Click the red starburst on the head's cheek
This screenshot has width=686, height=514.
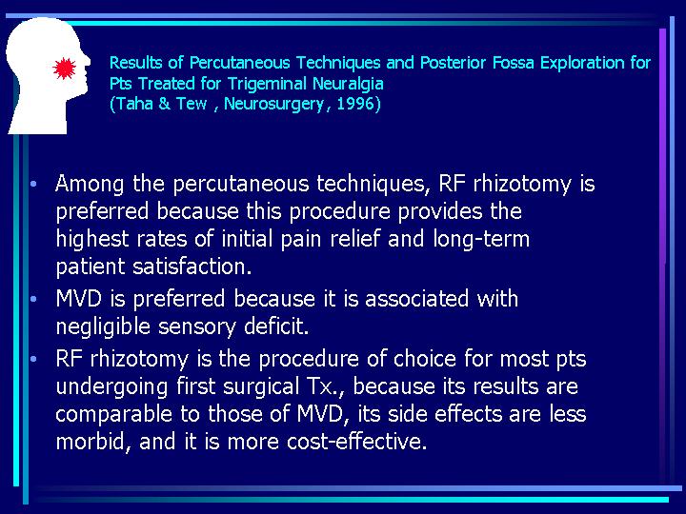(x=65, y=69)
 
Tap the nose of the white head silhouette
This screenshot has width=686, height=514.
(x=87, y=61)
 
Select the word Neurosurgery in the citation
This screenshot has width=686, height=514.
(x=273, y=105)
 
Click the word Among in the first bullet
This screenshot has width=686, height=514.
(x=90, y=184)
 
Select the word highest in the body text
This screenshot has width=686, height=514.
(x=92, y=240)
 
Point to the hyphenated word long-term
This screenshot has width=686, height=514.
(x=481, y=240)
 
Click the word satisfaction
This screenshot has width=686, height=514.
(x=192, y=267)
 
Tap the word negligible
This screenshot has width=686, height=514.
(x=103, y=326)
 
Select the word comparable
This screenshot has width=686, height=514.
(x=113, y=414)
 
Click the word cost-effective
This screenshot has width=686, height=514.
(x=356, y=442)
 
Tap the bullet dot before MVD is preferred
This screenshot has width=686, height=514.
(x=34, y=300)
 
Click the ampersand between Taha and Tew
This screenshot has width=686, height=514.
(x=164, y=104)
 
